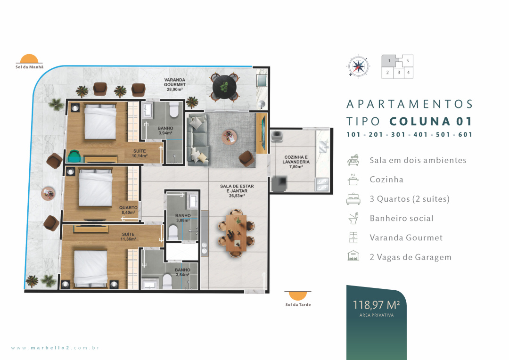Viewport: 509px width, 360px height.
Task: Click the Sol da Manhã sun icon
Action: point(29,58)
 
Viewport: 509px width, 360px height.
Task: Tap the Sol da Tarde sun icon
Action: point(298,296)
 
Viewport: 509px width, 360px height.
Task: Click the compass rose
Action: point(358,66)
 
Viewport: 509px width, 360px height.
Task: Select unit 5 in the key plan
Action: point(407,60)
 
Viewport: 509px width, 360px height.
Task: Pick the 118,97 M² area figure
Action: point(376,305)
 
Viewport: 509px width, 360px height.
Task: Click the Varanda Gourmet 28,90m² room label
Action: point(175,84)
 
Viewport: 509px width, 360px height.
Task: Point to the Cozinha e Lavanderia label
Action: point(296,162)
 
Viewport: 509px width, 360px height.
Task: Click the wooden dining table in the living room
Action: point(236,233)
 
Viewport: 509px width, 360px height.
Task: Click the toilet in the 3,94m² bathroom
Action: point(174,110)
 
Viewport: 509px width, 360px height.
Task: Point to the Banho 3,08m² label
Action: point(183,218)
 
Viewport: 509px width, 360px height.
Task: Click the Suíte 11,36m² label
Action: point(128,237)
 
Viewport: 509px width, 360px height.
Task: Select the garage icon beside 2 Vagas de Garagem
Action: point(353,256)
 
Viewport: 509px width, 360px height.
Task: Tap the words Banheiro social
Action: point(402,218)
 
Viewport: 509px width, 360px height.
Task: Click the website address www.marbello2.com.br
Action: point(55,348)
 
